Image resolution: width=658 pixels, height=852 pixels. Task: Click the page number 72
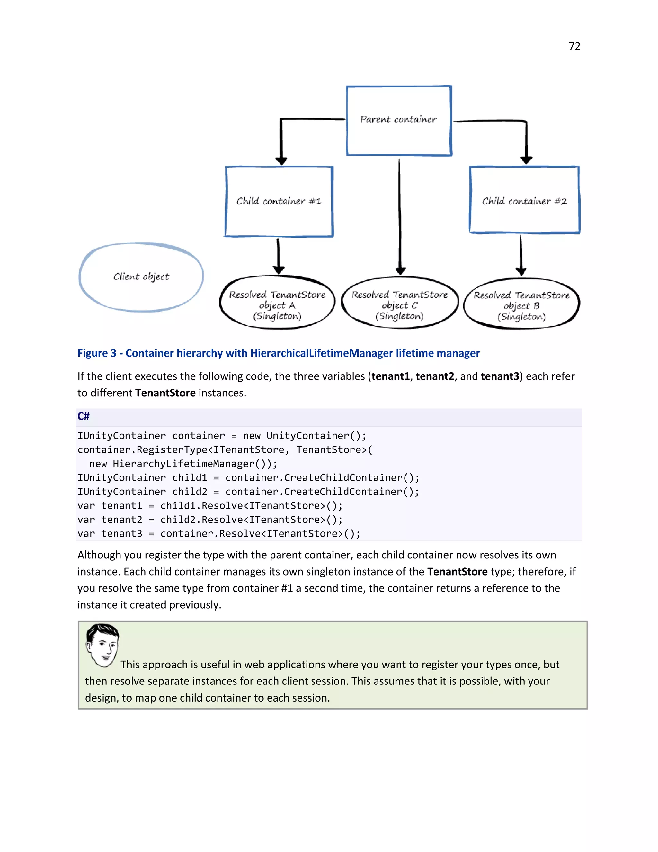pyautogui.click(x=574, y=46)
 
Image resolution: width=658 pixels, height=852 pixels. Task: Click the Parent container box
pyautogui.click(x=399, y=120)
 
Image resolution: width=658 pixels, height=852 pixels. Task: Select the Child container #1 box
pyautogui.click(x=279, y=201)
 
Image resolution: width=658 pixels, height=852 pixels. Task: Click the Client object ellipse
pyautogui.click(x=141, y=277)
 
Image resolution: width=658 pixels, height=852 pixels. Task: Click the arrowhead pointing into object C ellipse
pyautogui.click(x=400, y=271)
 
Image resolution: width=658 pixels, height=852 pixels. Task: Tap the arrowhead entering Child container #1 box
pyautogui.click(x=281, y=161)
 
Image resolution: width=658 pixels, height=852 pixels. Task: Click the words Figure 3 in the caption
pyautogui.click(x=97, y=353)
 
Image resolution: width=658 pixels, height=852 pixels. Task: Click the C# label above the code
pyautogui.click(x=84, y=416)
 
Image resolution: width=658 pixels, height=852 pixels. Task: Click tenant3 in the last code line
pyautogui.click(x=122, y=534)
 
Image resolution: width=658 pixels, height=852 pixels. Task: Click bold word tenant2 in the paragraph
pyautogui.click(x=435, y=376)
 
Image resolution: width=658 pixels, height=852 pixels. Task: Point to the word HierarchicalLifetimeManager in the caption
pyautogui.click(x=321, y=353)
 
